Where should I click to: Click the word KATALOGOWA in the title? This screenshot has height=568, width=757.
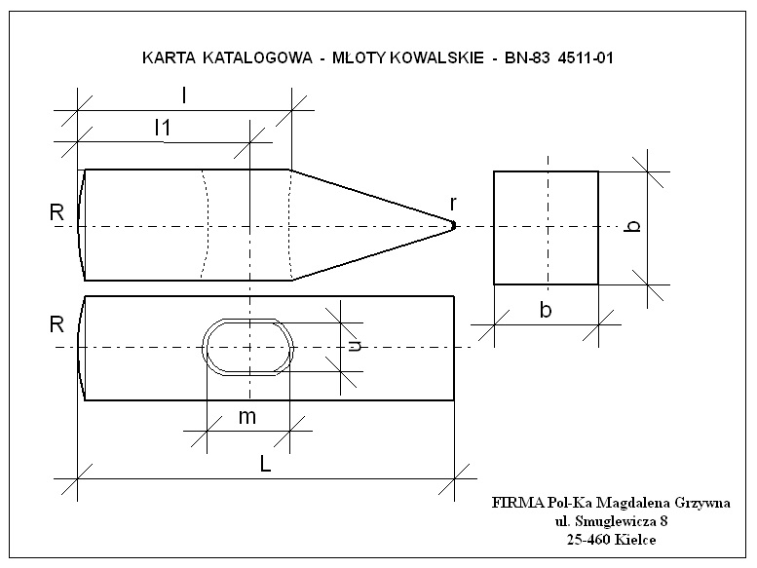coord(257,57)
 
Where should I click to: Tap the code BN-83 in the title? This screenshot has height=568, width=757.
coord(527,57)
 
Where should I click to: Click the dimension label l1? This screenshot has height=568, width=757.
coord(163,128)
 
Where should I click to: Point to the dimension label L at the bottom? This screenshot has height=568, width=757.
coord(266,465)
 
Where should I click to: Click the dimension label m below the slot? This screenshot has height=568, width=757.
coord(247,417)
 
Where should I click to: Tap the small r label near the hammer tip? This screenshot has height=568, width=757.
coord(453,204)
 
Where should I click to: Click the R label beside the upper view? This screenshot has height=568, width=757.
coord(57,212)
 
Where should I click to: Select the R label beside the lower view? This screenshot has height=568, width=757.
coord(57,324)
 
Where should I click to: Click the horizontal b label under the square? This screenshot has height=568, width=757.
coord(546,310)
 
